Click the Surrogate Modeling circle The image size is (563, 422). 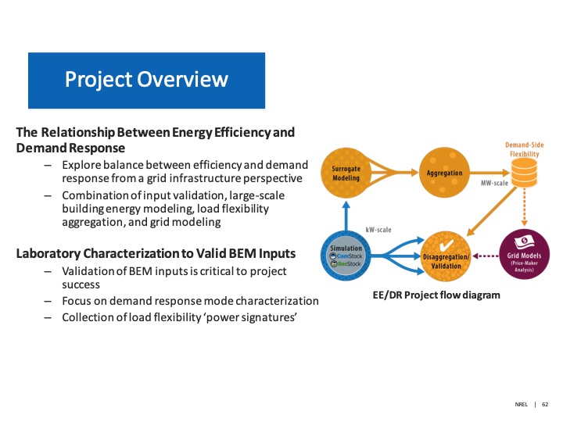[346, 172]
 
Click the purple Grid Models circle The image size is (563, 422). [525, 255]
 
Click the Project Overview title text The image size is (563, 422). [146, 80]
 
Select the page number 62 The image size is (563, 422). [546, 405]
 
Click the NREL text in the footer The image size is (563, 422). [522, 405]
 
